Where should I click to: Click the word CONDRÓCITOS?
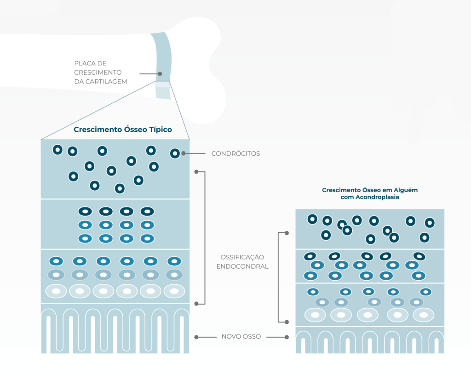235,153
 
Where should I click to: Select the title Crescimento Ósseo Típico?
123,129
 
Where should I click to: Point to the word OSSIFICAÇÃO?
242,257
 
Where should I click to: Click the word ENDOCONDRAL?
242,266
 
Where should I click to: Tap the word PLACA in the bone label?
84,63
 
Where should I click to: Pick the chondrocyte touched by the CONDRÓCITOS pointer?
175,153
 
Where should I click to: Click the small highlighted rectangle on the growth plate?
162,84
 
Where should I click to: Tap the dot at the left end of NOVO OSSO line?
196,337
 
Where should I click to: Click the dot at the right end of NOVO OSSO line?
287,337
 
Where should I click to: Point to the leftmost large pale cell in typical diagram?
56,291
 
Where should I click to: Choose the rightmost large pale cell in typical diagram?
174,291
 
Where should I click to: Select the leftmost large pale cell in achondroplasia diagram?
316,315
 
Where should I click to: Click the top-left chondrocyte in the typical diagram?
57,150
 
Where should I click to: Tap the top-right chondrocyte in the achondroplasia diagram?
430,223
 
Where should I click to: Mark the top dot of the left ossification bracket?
196,172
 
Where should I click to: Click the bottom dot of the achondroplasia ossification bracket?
287,322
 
